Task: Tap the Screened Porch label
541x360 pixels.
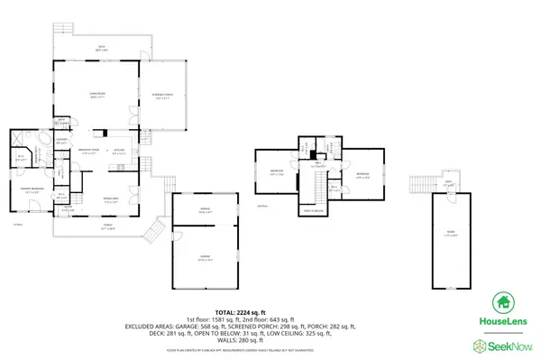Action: (x=163, y=97)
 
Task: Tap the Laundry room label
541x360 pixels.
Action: (x=63, y=142)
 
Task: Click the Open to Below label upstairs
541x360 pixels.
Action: (x=313, y=209)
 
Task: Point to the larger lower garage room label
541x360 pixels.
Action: (x=206, y=258)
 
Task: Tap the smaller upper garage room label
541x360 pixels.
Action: (x=206, y=212)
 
